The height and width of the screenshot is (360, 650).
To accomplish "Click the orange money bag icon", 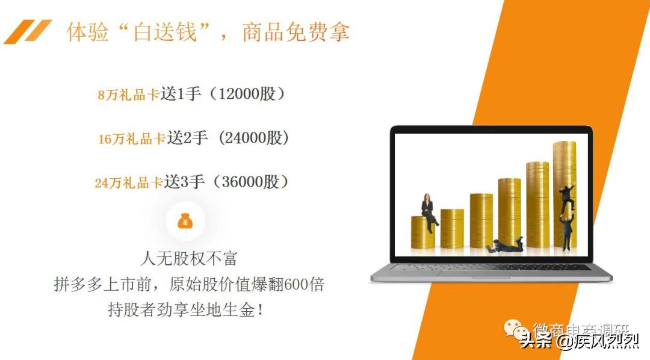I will coord(185,222).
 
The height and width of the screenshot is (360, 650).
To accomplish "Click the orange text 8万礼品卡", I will coord(129,95).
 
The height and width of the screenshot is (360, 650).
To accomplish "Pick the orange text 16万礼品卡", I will coord(132,138).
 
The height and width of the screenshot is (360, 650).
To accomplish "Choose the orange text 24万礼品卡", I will coord(129,182).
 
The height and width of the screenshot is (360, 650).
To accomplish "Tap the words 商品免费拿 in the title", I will coord(296,31).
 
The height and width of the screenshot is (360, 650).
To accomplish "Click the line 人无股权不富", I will coord(189,259).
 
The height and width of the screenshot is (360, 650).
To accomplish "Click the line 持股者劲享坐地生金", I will coord(185,310).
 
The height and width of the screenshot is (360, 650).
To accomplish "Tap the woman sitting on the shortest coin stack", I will coord(428,212).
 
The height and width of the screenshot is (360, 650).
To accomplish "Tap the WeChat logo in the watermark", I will coord(515,331).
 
